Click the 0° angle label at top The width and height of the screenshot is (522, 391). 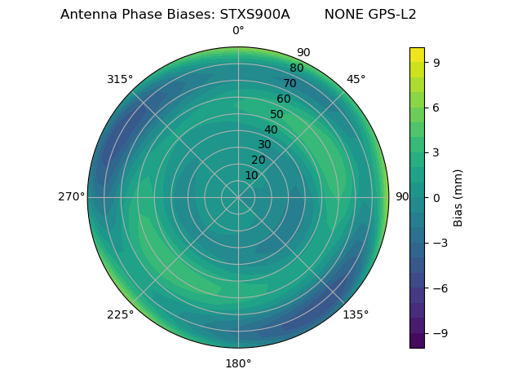(238, 31)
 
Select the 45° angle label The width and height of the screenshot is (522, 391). (356, 79)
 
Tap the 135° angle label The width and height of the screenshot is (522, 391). (356, 314)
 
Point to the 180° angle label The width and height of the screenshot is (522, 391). (238, 363)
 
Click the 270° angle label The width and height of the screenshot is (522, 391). (71, 197)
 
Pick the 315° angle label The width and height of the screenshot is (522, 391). (120, 79)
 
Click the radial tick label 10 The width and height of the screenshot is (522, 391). (252, 175)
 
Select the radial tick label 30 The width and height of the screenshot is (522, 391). (264, 145)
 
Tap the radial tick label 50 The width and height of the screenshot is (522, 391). (277, 115)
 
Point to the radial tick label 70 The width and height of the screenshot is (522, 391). (290, 84)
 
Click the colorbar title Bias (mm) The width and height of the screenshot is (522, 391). (458, 197)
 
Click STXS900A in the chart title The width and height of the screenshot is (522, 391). (254, 15)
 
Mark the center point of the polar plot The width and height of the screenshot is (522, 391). (238, 197)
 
